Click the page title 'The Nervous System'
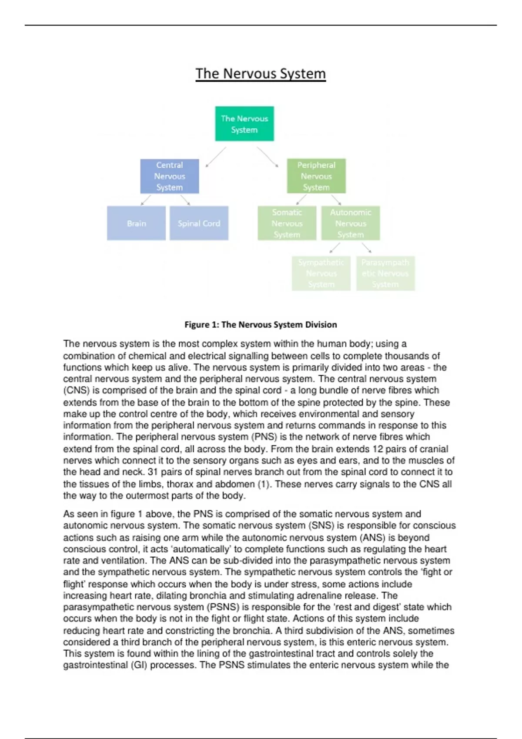click(x=261, y=73)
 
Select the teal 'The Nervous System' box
click(x=244, y=124)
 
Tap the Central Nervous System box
click(x=170, y=176)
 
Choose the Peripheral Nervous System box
click(x=316, y=176)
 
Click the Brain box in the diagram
click(x=136, y=223)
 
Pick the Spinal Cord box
click(x=199, y=223)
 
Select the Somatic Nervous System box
click(x=287, y=223)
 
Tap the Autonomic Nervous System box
click(x=351, y=223)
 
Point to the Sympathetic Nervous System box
click(x=321, y=273)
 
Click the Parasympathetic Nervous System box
click(x=385, y=273)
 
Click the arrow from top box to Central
click(x=216, y=157)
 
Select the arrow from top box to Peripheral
click(x=267, y=157)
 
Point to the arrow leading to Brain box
click(x=146, y=200)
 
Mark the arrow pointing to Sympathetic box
click(x=335, y=248)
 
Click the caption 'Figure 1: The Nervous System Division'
click(x=261, y=325)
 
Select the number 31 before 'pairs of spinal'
click(x=152, y=472)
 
